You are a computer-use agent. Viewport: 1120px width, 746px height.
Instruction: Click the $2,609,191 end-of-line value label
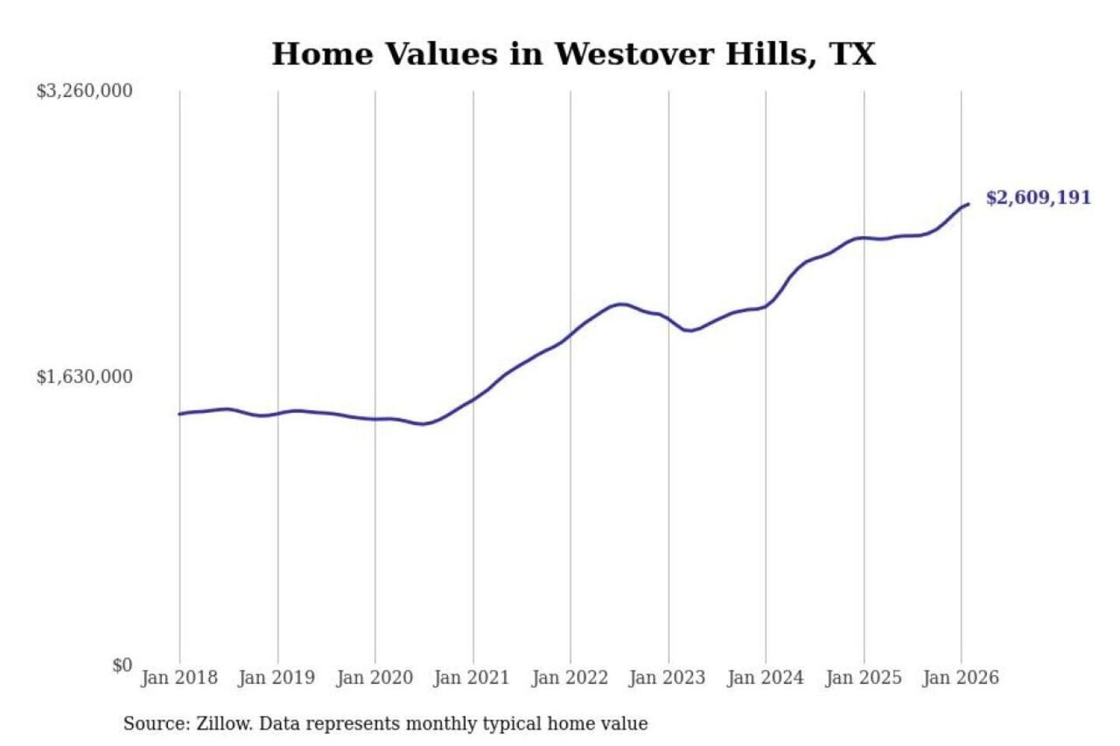pos(1038,197)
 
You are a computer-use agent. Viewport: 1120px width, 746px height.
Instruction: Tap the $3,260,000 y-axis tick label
pos(85,91)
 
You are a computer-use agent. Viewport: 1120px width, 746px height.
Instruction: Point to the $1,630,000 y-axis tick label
pos(85,377)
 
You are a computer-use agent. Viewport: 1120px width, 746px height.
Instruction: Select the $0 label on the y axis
pos(122,665)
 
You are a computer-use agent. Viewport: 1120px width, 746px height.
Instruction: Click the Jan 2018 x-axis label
pos(179,678)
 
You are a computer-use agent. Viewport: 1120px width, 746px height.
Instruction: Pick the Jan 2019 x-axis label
pos(276,678)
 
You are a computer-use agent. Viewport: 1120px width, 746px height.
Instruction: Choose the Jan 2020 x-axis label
pos(374,678)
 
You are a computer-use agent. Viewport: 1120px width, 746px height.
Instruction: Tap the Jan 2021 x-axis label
pos(471,678)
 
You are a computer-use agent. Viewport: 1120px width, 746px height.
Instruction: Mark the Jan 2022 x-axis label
pos(569,678)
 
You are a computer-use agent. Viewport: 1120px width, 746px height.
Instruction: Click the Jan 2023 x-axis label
pos(667,678)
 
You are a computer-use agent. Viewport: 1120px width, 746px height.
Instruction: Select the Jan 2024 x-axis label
pos(765,678)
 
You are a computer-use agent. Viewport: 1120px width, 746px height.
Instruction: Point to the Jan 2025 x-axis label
pos(863,678)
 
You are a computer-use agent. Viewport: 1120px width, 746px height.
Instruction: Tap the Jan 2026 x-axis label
pos(961,678)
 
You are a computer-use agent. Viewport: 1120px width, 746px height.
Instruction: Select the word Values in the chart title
pos(441,54)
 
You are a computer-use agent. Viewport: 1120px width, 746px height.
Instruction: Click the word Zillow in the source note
pos(223,724)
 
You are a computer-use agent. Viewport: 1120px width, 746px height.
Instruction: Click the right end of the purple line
pos(968,204)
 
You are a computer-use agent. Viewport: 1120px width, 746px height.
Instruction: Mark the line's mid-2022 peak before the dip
pos(621,304)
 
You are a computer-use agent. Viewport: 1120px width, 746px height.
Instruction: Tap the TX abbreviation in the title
pos(852,54)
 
